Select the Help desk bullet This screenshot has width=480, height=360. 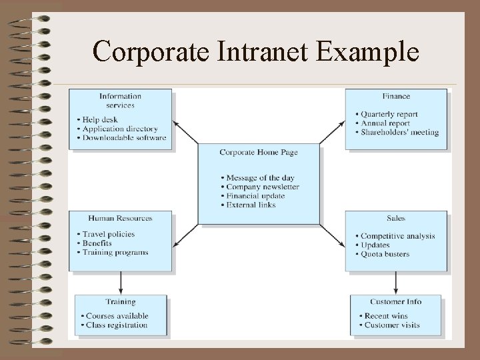[100, 120]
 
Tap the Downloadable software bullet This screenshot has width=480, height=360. [124, 137]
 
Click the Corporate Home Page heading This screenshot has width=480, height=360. [259, 153]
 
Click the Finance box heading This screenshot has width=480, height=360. [396, 97]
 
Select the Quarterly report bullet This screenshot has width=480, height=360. [391, 114]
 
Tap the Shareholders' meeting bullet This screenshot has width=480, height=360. [400, 132]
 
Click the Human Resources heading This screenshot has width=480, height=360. [120, 218]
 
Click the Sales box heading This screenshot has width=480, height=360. [395, 218]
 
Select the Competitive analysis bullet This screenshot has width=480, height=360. [397, 236]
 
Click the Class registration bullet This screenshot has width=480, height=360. [116, 325]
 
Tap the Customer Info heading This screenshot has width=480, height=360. [396, 301]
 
